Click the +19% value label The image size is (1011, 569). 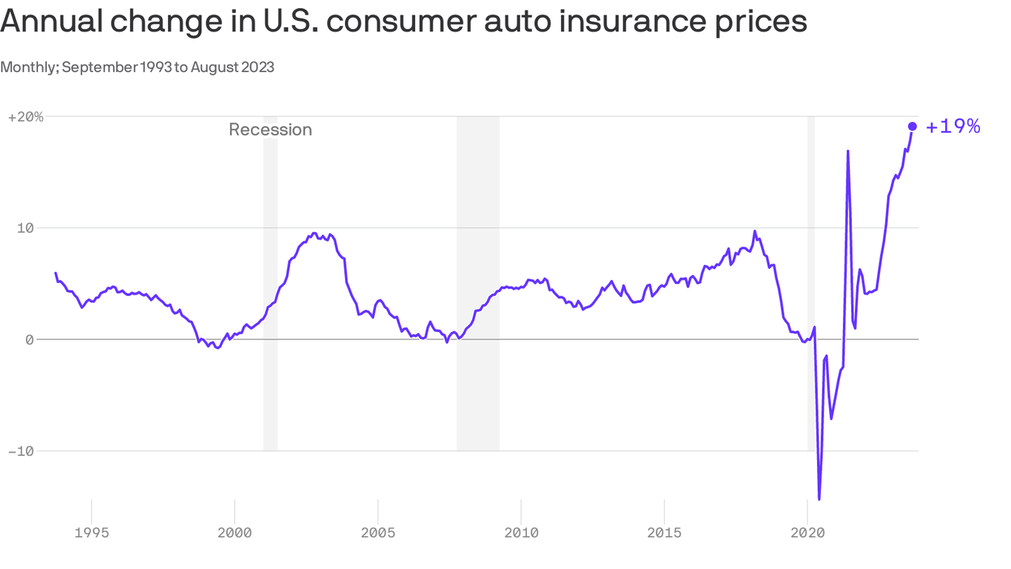[953, 127]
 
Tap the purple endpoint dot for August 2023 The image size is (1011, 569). [913, 127]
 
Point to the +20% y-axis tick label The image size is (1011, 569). [26, 117]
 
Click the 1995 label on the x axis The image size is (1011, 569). [92, 532]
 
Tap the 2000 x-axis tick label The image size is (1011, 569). [235, 532]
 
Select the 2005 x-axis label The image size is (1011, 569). [377, 532]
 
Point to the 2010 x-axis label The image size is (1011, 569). [521, 532]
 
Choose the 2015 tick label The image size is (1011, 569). [664, 532]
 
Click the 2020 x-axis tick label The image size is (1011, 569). [807, 532]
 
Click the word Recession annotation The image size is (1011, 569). [270, 130]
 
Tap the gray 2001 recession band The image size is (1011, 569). [270, 296]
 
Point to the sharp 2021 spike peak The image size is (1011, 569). [847, 151]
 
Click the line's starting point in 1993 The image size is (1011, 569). [56, 273]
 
